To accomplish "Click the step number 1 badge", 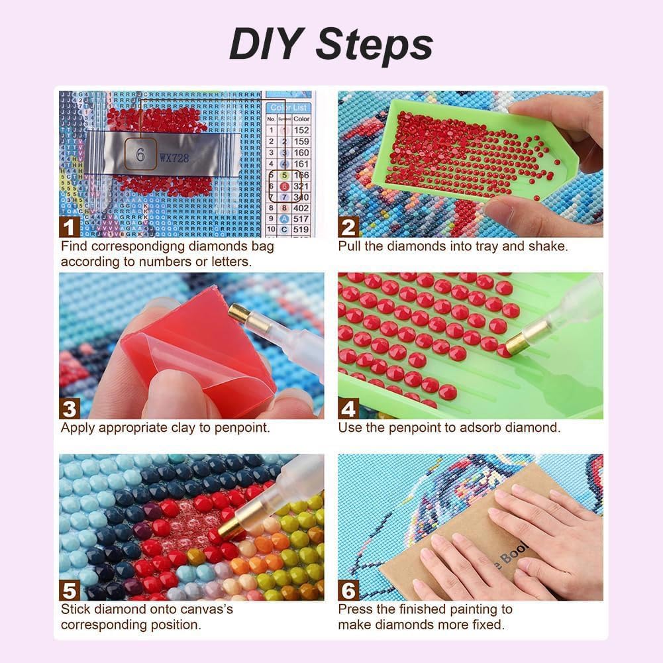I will pos(70,227).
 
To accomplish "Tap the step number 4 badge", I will pos(348,408).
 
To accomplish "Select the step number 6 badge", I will pos(348,589).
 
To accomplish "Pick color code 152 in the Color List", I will pos(301,130).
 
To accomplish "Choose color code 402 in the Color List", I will pos(301,208).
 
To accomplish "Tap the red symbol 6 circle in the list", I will pos(283,187).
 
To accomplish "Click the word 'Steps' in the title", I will pos(374,45).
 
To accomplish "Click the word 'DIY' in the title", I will pos(267,45).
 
